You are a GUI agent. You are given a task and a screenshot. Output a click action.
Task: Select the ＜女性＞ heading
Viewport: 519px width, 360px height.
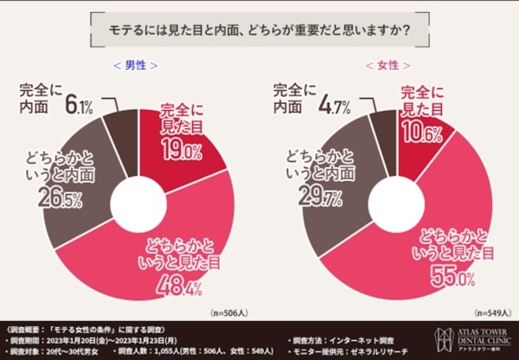(x=388, y=65)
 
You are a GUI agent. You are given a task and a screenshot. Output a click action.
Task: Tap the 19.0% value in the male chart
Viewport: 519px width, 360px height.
(x=181, y=151)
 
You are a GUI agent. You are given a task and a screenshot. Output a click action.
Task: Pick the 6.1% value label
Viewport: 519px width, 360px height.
(x=78, y=106)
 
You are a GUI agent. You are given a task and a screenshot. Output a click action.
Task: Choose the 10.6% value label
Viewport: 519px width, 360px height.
(x=422, y=132)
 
